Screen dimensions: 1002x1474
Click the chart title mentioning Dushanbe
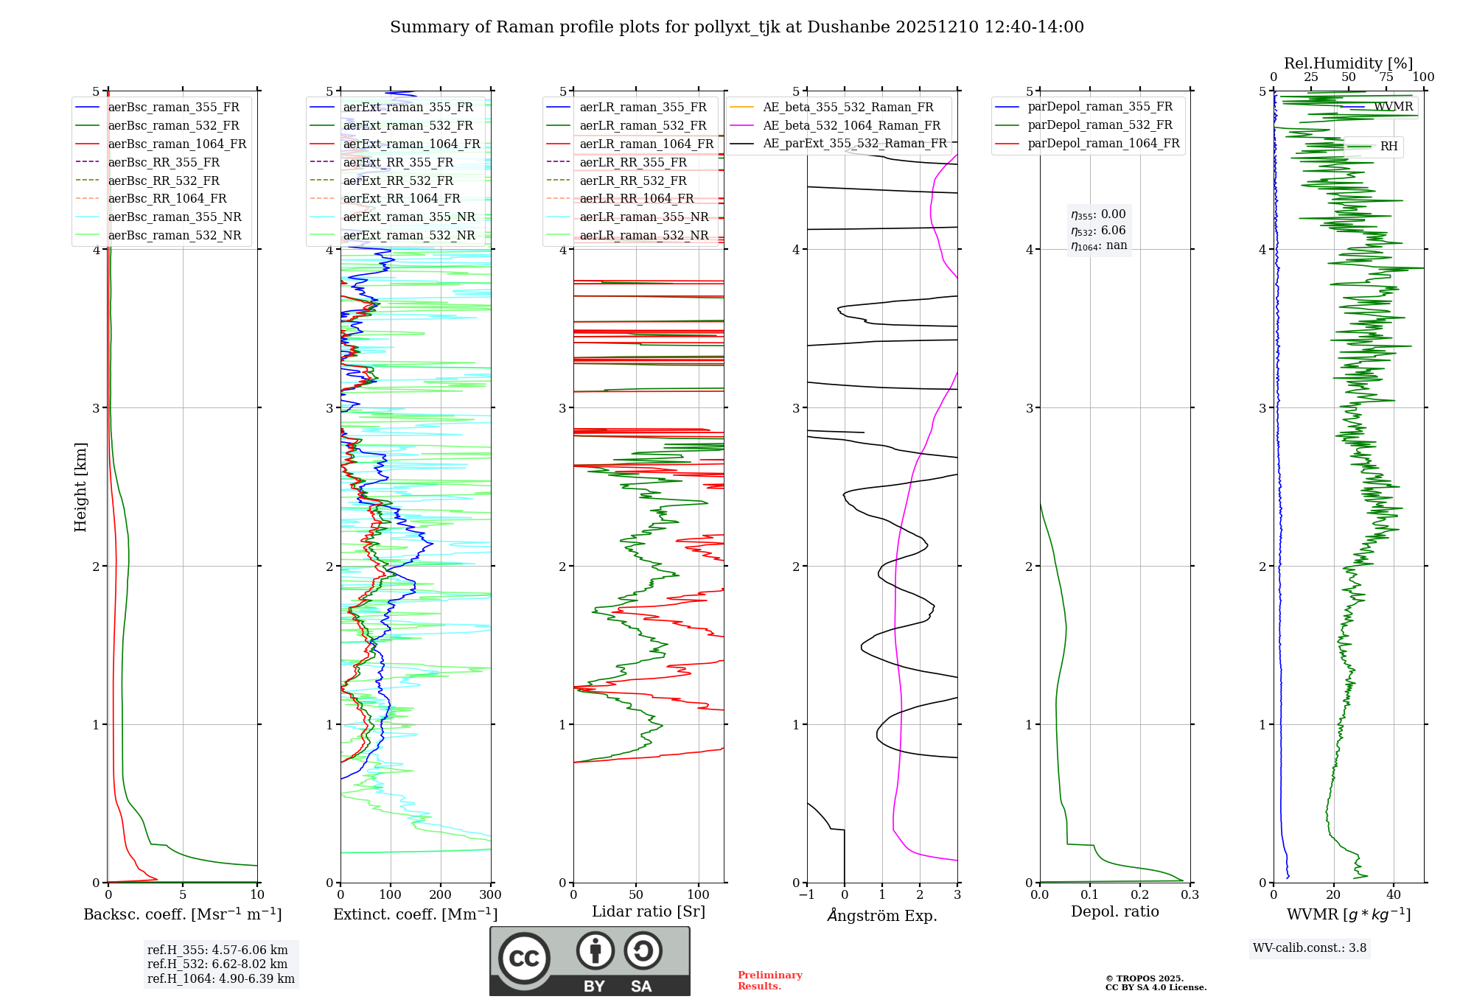pos(737,27)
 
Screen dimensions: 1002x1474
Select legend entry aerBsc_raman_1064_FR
pos(177,144)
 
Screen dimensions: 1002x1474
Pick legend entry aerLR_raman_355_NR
pos(643,217)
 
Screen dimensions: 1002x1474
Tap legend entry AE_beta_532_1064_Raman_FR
pos(851,126)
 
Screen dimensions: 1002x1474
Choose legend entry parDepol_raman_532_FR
pos(1100,125)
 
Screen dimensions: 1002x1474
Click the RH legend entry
pos(1389,147)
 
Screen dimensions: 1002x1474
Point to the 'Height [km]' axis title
pos(80,487)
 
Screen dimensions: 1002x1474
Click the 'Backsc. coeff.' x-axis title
pos(183,914)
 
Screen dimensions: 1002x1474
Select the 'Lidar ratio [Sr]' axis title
pos(649,911)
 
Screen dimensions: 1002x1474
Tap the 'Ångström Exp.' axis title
pos(882,915)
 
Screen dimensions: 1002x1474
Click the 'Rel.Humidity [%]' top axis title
pos(1348,63)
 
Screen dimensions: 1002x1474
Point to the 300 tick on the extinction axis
pos(490,895)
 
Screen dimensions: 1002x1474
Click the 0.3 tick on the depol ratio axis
pos(1190,895)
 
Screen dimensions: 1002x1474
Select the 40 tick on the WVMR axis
pos(1393,895)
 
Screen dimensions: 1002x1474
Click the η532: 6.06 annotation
pos(1098,231)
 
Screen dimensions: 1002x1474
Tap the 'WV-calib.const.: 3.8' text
pos(1310,948)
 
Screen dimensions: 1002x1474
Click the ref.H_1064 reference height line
pos(221,979)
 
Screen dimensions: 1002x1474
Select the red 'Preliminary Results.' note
pos(769,981)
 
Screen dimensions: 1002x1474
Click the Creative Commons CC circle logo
pos(524,959)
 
